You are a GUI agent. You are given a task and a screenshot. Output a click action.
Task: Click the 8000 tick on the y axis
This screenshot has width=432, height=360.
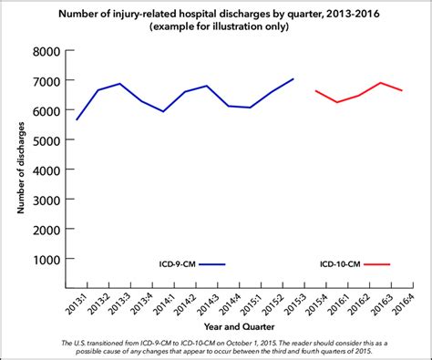48,52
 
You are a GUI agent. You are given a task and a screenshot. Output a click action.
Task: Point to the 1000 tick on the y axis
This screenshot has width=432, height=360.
48,259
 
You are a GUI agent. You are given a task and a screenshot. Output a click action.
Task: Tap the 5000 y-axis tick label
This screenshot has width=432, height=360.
48,140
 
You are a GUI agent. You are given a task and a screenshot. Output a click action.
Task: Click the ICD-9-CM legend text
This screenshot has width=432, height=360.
173,264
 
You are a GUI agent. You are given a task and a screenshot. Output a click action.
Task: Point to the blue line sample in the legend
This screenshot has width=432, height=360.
211,264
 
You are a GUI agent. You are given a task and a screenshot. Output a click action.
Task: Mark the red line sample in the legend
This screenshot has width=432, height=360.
376,264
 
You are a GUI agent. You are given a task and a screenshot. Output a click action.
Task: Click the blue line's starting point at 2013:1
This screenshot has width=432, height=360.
77,119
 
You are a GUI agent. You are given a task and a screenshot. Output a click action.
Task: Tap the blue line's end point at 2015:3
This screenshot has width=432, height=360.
293,79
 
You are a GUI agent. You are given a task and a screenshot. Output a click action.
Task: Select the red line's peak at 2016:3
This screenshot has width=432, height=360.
380,83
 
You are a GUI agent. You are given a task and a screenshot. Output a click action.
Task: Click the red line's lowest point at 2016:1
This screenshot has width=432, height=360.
337,102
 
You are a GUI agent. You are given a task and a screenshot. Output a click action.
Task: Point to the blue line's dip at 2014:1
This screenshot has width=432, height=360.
163,111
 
